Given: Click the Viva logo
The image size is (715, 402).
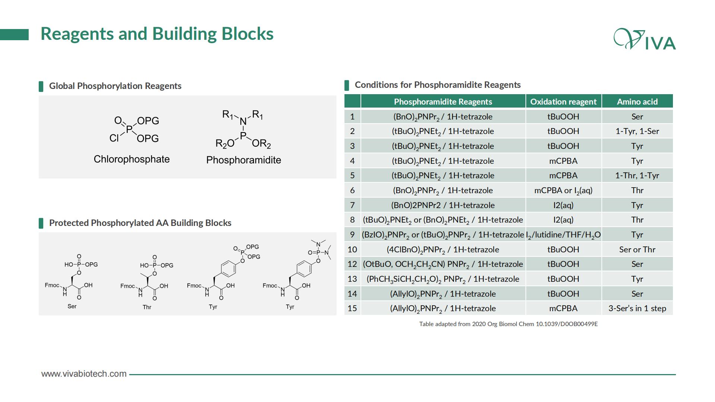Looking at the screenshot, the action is tap(645, 39).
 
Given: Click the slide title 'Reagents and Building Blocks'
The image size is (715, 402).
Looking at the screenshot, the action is tap(157, 34).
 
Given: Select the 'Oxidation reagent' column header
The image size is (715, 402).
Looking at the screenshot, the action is tap(563, 102).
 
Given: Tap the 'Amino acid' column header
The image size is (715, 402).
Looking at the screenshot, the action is tap(637, 102).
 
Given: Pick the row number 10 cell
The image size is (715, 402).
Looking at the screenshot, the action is tap(352, 249).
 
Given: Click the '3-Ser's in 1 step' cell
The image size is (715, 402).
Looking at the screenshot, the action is tap(637, 308).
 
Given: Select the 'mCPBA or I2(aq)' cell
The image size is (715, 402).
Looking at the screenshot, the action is tap(563, 191).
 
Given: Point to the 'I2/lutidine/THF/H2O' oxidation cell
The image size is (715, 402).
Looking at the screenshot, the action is tap(563, 235).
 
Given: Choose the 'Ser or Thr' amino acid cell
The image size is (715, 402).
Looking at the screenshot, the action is tap(637, 249).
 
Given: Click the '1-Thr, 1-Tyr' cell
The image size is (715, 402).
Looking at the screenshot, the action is tap(637, 176).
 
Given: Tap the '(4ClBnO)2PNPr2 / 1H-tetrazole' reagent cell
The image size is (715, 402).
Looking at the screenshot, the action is tap(443, 250).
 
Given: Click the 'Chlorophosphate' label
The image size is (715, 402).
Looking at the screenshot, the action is tap(131, 159).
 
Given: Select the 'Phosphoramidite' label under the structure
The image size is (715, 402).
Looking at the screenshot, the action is tap(244, 160).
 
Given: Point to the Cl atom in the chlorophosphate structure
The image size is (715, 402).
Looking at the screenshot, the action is tap(114, 138).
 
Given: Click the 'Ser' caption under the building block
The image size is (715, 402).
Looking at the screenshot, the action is tap(72, 306).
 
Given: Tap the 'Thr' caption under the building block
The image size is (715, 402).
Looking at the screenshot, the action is tap(147, 307).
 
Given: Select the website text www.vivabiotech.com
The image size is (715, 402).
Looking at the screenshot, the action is tap(84, 374).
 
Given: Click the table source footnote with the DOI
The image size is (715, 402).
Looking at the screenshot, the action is tap(508, 324).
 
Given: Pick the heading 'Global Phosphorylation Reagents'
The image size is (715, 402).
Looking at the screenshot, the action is tap(115, 86).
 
